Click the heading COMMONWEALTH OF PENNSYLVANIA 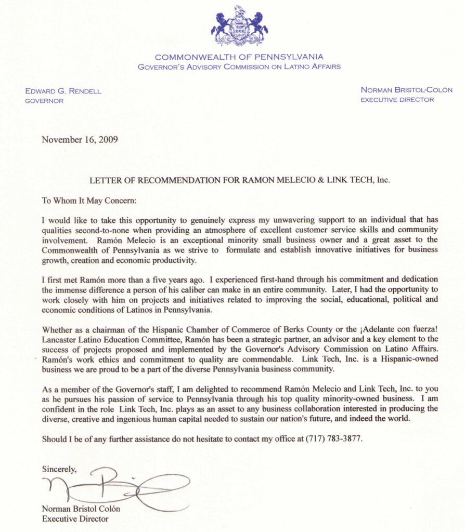(239, 57)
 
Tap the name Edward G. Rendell (63, 91)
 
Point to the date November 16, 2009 (80, 139)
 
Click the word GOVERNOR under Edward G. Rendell (44, 101)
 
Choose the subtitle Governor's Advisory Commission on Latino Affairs (239, 67)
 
